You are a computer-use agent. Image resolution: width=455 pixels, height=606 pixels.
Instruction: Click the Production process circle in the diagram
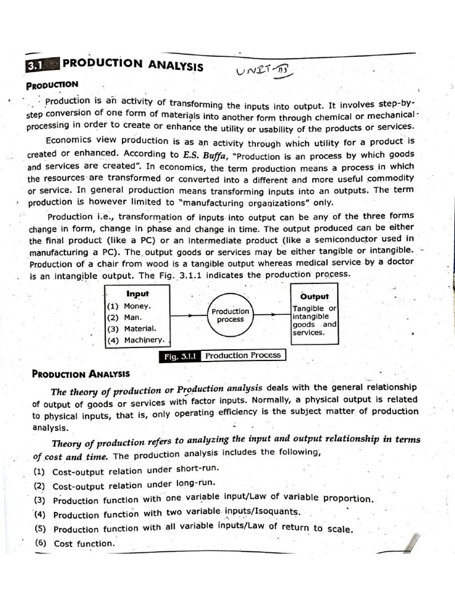tap(230, 315)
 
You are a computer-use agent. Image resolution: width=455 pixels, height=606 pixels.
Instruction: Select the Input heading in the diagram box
tap(137, 294)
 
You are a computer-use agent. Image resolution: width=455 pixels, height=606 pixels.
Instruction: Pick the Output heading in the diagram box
tap(315, 296)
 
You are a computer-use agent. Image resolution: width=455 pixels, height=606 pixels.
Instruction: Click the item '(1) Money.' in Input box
tap(130, 307)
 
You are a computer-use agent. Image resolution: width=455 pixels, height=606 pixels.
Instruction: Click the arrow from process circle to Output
tap(271, 315)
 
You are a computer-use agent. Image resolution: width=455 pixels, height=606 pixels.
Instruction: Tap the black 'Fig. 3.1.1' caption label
tap(180, 356)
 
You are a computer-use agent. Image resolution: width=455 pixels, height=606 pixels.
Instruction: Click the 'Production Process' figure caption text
tap(243, 355)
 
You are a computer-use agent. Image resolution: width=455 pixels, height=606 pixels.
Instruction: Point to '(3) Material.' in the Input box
tap(132, 328)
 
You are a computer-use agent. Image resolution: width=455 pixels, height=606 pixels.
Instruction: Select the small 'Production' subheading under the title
tap(52, 85)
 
